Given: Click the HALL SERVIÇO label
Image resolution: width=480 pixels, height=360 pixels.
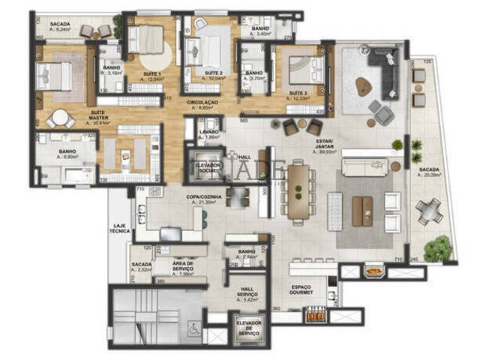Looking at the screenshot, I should coord(248,292).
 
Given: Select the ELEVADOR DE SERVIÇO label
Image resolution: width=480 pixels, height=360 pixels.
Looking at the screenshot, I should coord(248,328).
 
